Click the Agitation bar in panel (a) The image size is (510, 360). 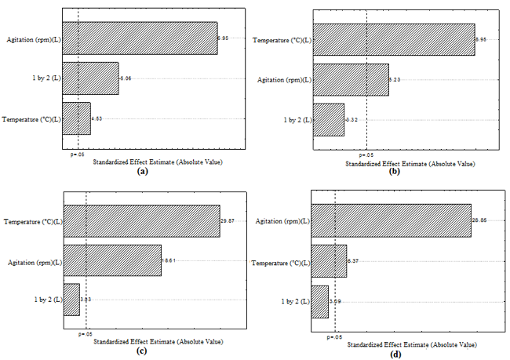(140, 38)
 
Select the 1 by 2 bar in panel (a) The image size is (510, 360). (90, 78)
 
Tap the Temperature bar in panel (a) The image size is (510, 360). (76, 118)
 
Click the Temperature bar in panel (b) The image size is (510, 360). (393, 39)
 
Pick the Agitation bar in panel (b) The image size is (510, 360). (350, 79)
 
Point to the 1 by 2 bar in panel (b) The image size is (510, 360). (328, 119)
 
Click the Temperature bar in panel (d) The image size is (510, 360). (329, 261)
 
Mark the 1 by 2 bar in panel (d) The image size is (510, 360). (319, 301)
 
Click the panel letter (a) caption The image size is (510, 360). (142, 170)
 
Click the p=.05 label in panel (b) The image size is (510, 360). (366, 155)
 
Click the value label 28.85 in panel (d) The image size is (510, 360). (479, 222)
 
